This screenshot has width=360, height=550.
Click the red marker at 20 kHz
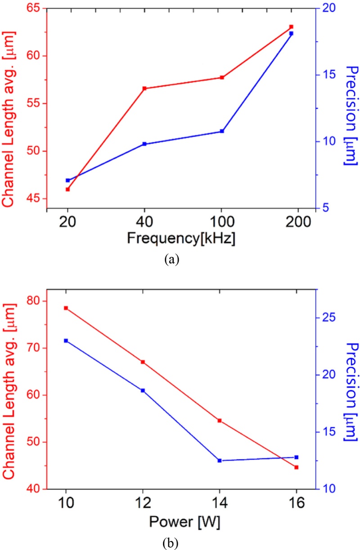(x=67, y=189)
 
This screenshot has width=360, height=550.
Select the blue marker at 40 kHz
(x=144, y=144)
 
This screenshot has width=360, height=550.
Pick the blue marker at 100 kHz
(x=222, y=131)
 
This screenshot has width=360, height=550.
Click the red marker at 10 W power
(x=66, y=308)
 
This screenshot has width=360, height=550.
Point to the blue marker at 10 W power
(x=66, y=341)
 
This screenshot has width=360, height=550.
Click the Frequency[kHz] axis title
(x=181, y=238)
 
